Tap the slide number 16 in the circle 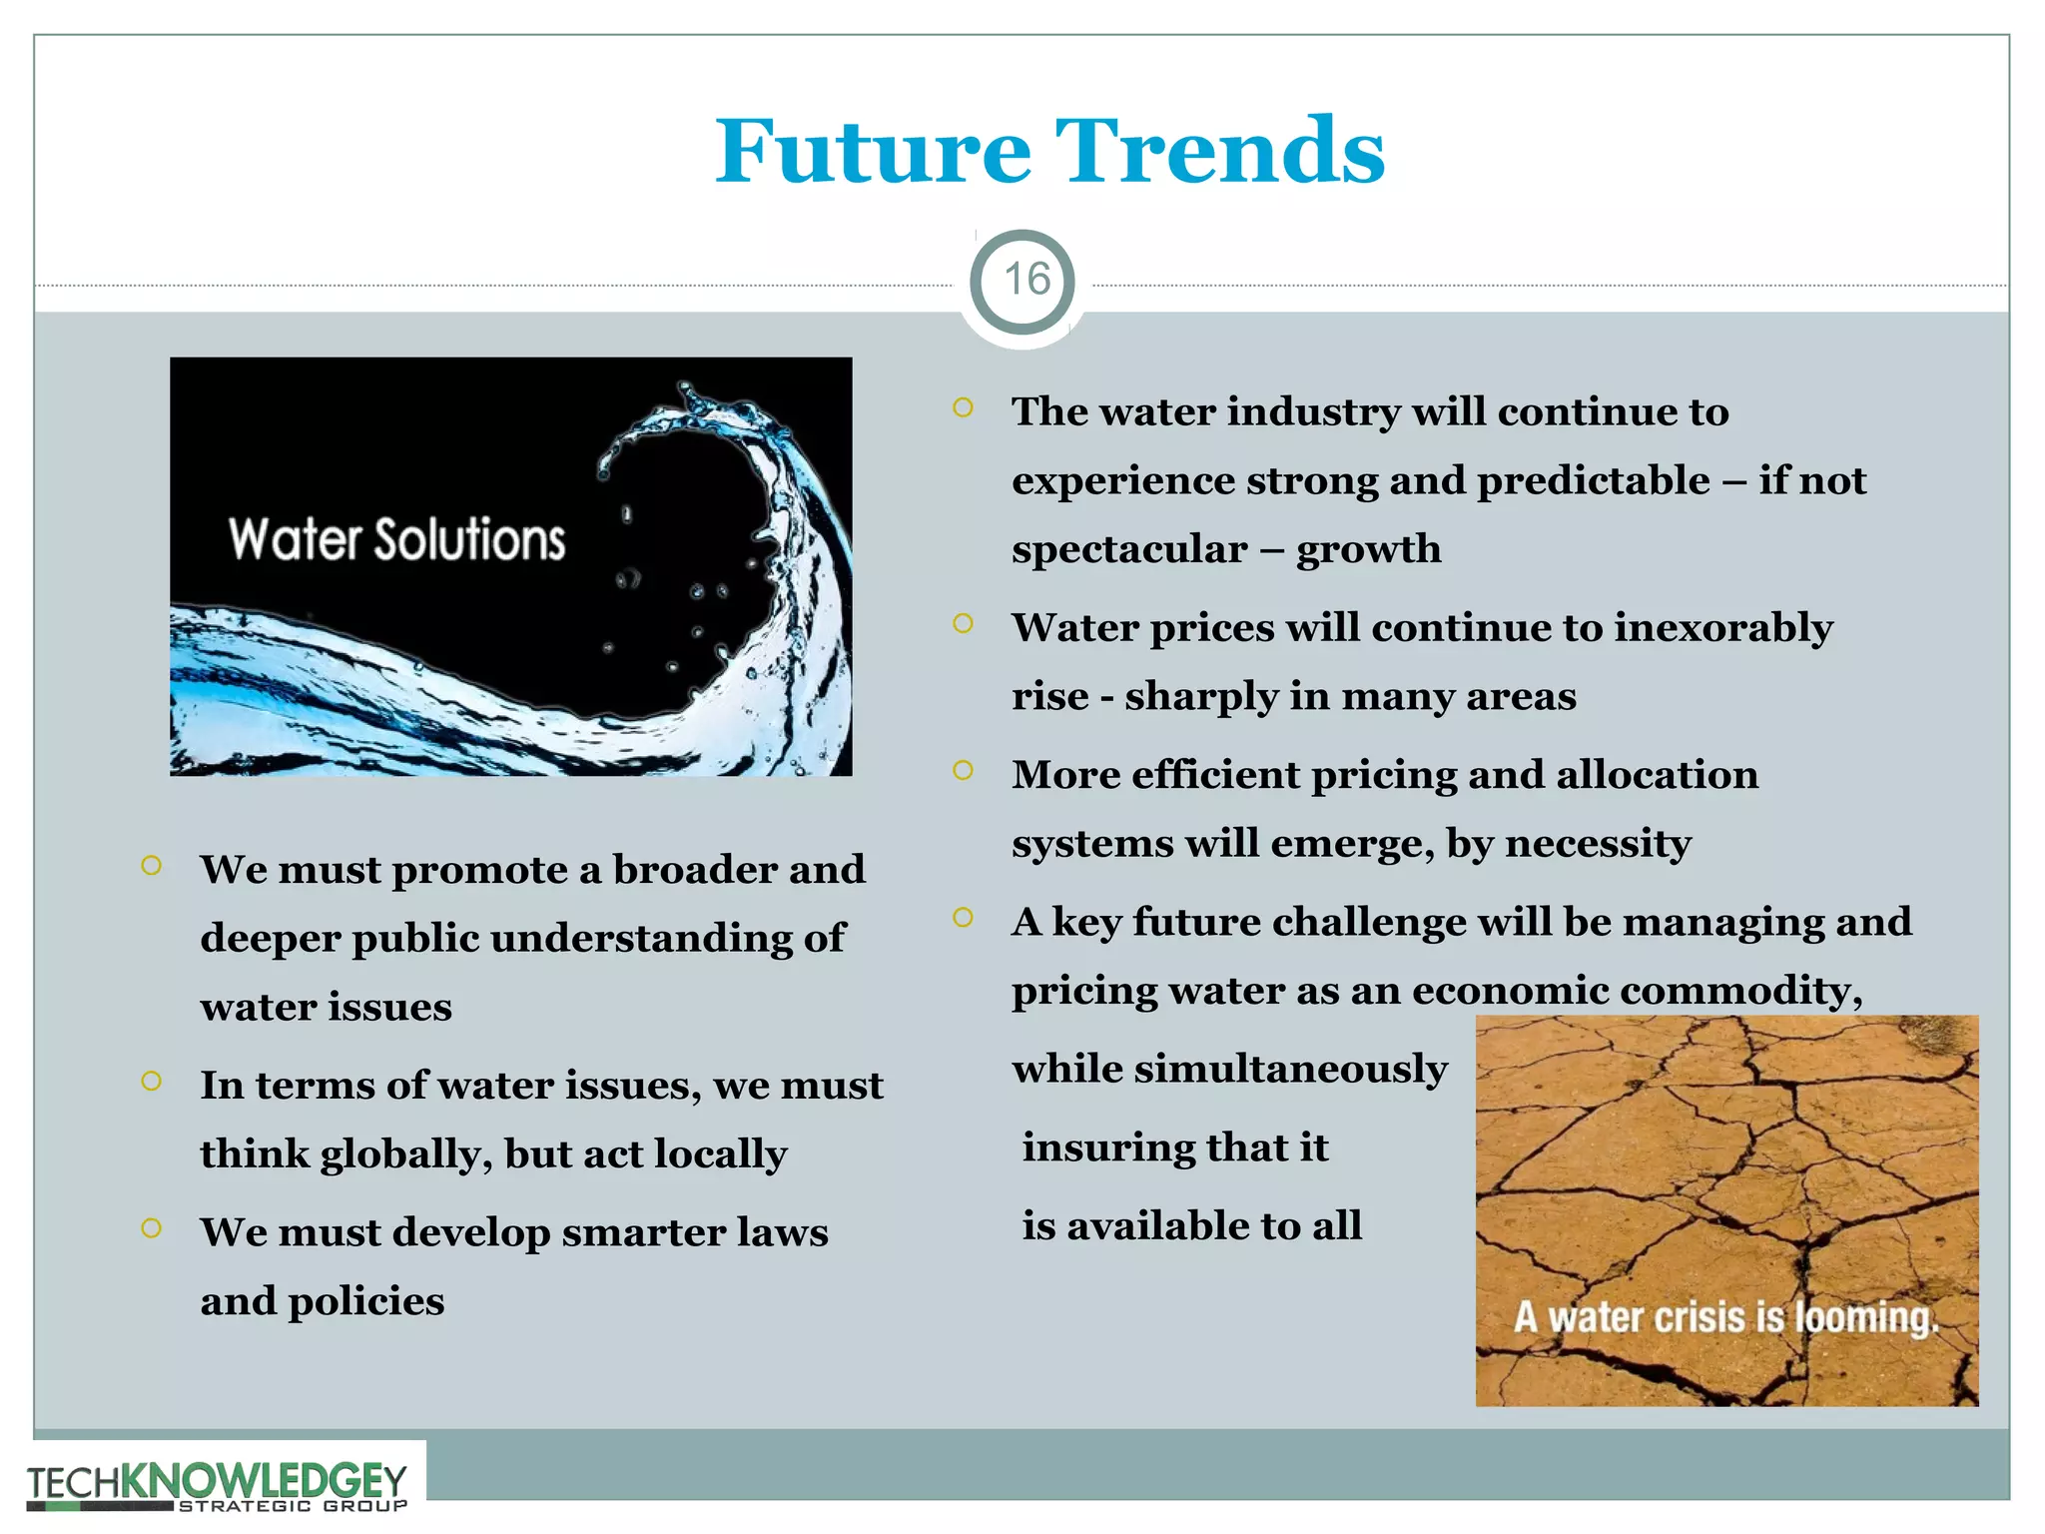coord(1025,280)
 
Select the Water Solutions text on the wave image coord(396,539)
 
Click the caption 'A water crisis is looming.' coord(1725,1317)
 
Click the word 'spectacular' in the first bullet coord(1129,550)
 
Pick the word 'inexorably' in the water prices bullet coord(1723,627)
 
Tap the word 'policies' coord(365,1301)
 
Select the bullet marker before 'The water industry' coord(963,407)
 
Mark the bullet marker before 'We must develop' coord(152,1227)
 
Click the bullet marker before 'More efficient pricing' coord(963,770)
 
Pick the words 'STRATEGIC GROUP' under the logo coord(293,1506)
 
